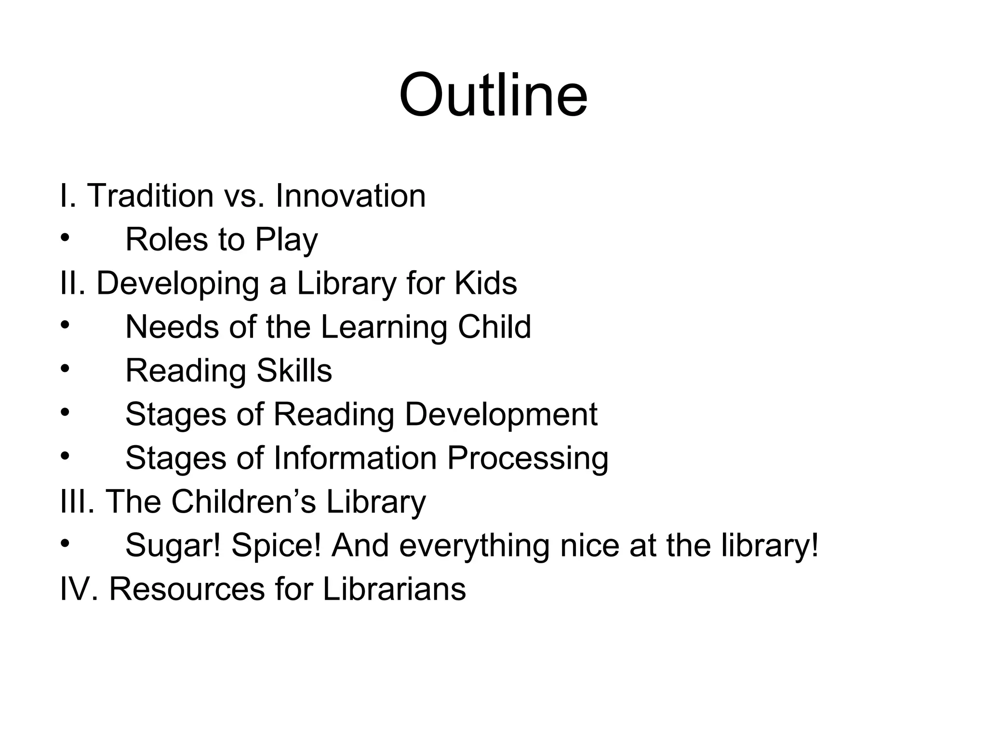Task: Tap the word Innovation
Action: pos(350,196)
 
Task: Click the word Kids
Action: pos(486,283)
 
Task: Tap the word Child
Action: pos(494,327)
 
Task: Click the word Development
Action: pos(501,415)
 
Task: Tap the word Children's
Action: pos(244,502)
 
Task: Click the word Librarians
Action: pos(394,589)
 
